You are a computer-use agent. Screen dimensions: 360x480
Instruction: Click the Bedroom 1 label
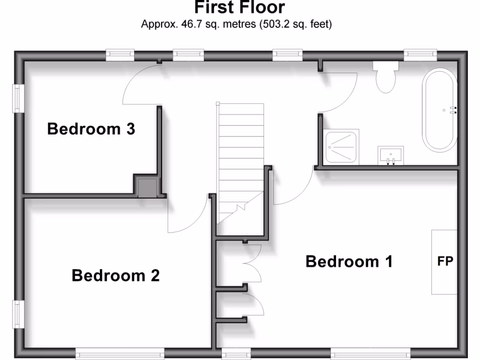tap(349, 261)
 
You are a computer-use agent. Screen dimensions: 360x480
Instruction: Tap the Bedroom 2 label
tap(115, 276)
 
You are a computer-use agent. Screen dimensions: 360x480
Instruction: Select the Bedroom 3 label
tap(91, 128)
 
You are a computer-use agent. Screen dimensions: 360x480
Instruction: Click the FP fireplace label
tap(445, 262)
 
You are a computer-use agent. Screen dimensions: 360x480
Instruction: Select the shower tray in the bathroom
tap(342, 147)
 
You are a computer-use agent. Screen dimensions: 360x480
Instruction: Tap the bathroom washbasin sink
tap(390, 155)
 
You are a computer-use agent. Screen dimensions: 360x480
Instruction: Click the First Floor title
tap(240, 8)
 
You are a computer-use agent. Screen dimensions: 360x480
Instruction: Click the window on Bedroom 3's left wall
tap(18, 98)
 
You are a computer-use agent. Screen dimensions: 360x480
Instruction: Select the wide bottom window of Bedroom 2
tap(120, 354)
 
